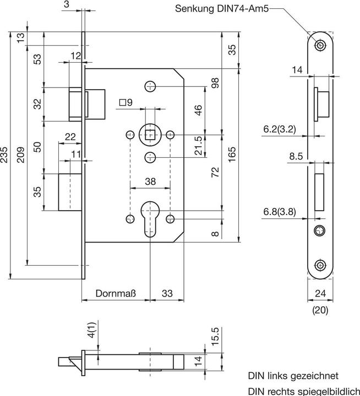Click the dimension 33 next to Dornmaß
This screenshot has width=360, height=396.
coord(166,294)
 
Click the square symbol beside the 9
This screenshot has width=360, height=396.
coord(122,102)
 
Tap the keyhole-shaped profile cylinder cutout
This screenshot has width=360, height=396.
coord(150,219)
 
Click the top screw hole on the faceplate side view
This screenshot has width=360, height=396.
coord(320,45)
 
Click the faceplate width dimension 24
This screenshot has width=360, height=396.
coord(320,293)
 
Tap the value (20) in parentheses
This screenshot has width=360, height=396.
coord(320,310)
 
